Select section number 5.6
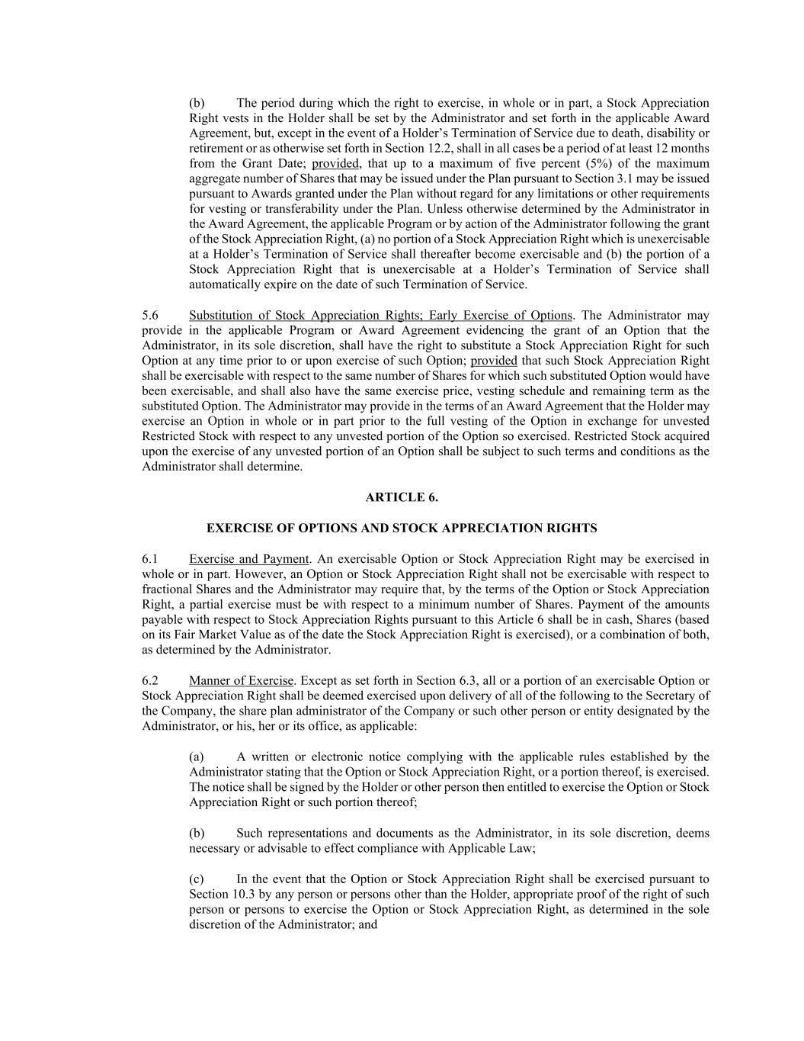(150, 315)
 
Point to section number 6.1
(150, 559)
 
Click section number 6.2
(150, 680)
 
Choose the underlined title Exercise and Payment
(248, 559)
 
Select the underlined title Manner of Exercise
(241, 680)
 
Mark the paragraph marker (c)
(197, 879)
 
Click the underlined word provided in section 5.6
(494, 361)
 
